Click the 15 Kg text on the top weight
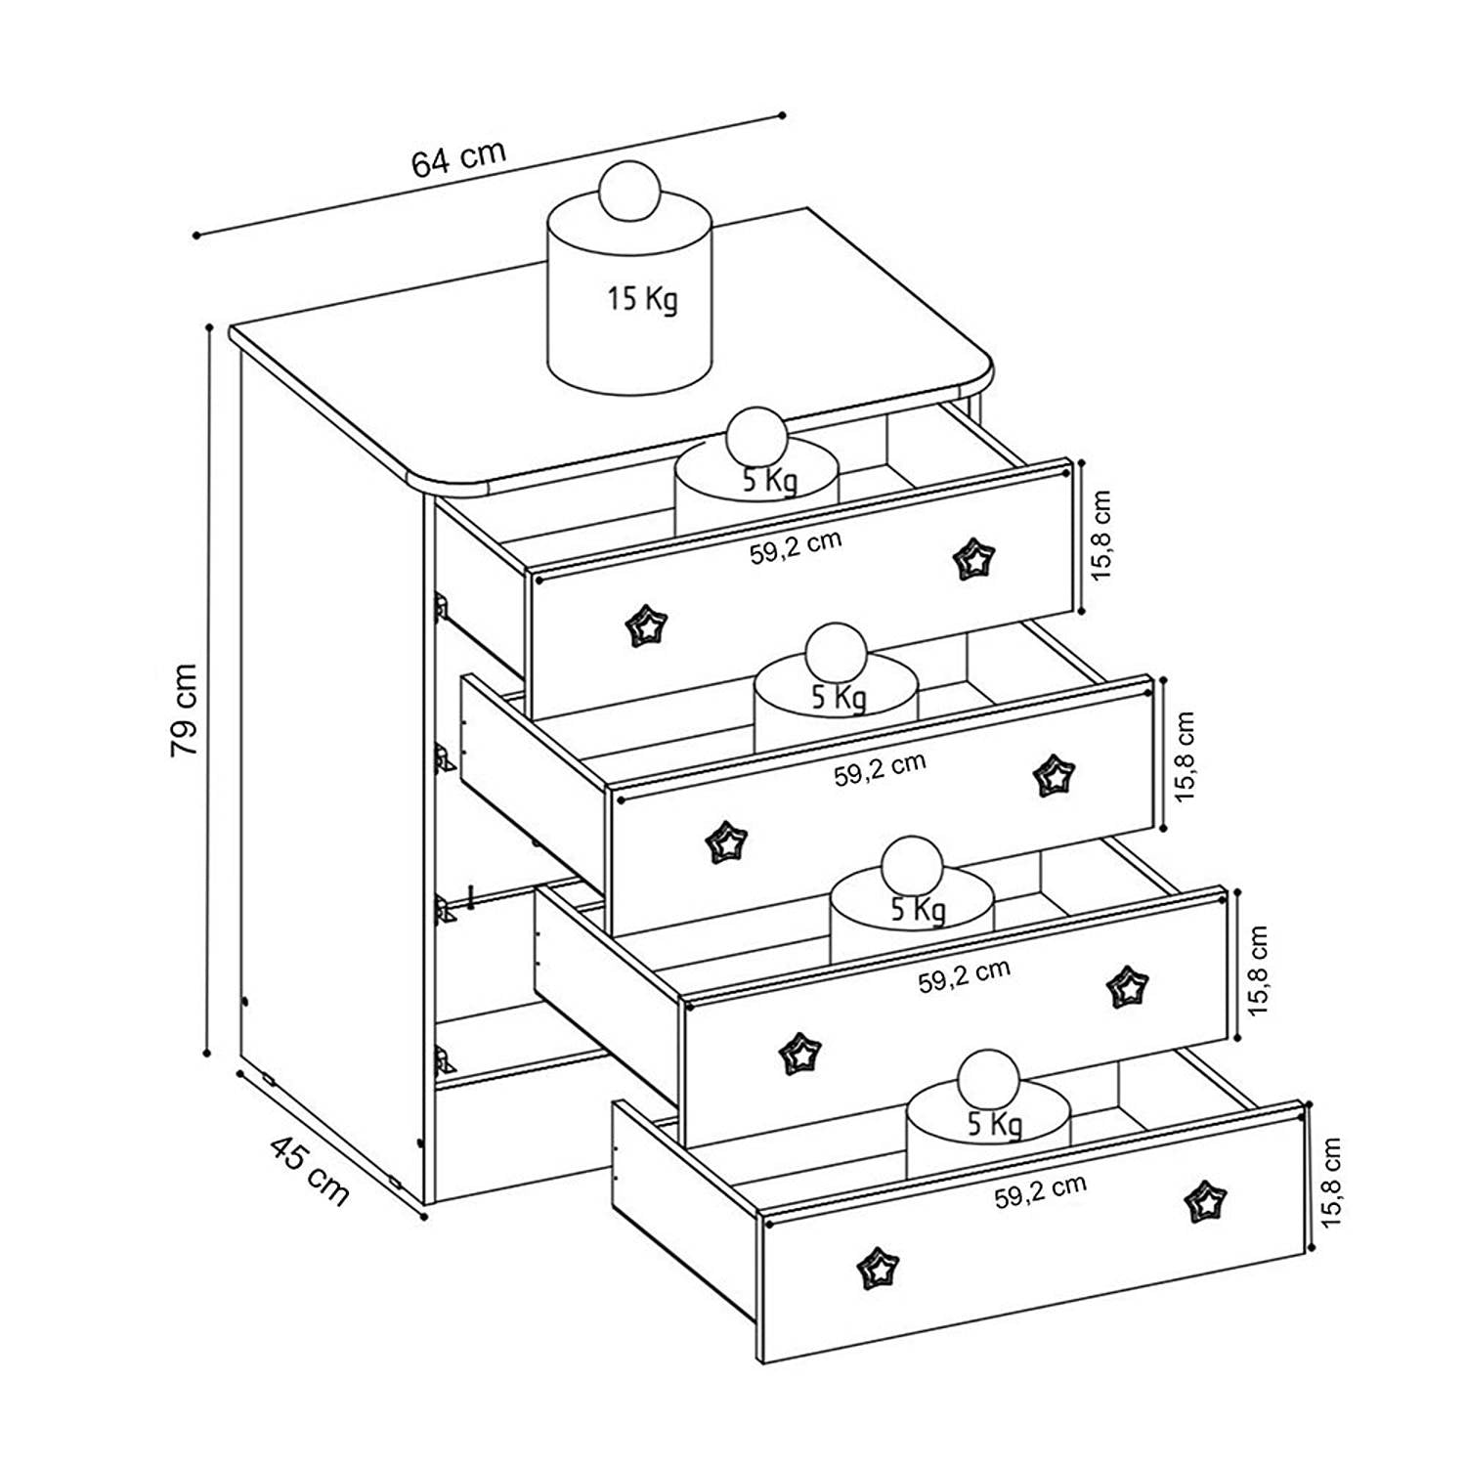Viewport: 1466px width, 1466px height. pos(642,297)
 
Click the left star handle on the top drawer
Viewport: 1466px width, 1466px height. pos(646,625)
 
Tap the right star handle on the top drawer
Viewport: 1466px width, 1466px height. pos(972,560)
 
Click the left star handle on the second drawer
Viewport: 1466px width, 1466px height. pos(726,841)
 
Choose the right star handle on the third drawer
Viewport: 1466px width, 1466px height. pos(1127,988)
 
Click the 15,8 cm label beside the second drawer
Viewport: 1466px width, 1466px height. pos(1185,755)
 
